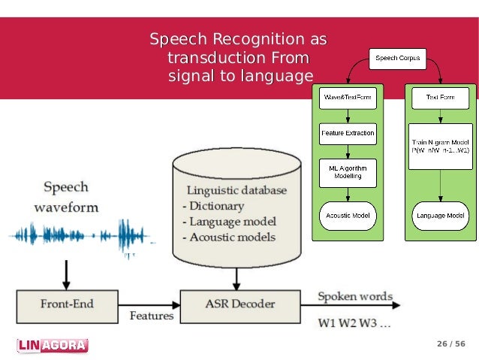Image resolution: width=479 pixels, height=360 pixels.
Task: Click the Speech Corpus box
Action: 396,57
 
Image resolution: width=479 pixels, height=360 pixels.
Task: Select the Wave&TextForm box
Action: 347,98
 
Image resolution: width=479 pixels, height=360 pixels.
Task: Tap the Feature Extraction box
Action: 347,134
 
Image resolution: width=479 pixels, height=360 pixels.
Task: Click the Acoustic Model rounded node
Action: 347,216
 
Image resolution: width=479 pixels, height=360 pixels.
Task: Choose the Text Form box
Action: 441,98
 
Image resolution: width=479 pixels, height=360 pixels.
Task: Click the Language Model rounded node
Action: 441,216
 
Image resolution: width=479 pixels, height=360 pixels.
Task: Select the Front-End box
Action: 67,304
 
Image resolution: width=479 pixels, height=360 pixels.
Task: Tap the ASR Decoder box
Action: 239,304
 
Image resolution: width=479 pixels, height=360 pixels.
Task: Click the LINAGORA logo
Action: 52,346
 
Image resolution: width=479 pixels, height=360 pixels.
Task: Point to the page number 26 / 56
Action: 451,344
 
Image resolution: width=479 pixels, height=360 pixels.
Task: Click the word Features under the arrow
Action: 151,316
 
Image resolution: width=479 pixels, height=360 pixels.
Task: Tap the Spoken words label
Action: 354,296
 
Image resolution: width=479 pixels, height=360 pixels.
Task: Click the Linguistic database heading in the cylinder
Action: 236,190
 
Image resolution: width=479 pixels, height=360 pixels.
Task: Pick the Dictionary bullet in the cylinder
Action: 214,206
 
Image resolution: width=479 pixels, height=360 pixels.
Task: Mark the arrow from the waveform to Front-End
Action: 67,274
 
